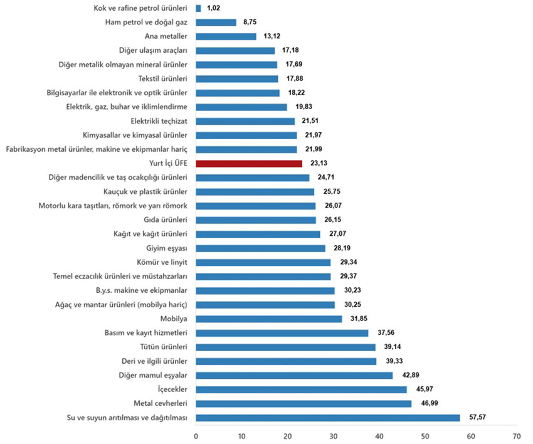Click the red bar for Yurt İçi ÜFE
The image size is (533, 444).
pyautogui.click(x=249, y=163)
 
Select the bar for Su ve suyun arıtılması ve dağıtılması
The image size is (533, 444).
pyautogui.click(x=328, y=418)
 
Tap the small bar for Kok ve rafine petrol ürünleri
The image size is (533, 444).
pyautogui.click(x=198, y=8)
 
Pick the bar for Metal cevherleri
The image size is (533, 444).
pyautogui.click(x=303, y=403)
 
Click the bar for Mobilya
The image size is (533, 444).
pyautogui.click(x=269, y=319)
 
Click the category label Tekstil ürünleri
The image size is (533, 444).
pyautogui.click(x=163, y=78)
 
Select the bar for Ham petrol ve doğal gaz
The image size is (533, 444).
pyautogui.click(x=216, y=22)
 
